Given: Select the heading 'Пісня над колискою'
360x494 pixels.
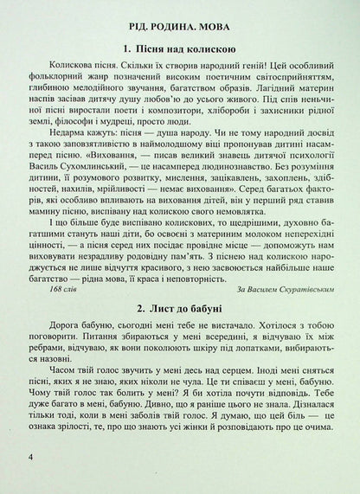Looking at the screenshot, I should (183, 46).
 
